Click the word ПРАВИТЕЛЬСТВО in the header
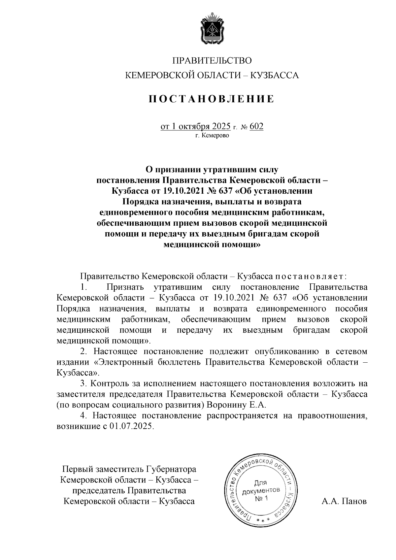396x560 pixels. tap(212, 61)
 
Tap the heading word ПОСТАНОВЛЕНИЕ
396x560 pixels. tap(212, 99)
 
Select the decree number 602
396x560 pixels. tap(257, 127)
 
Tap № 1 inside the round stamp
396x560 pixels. tap(261, 498)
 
